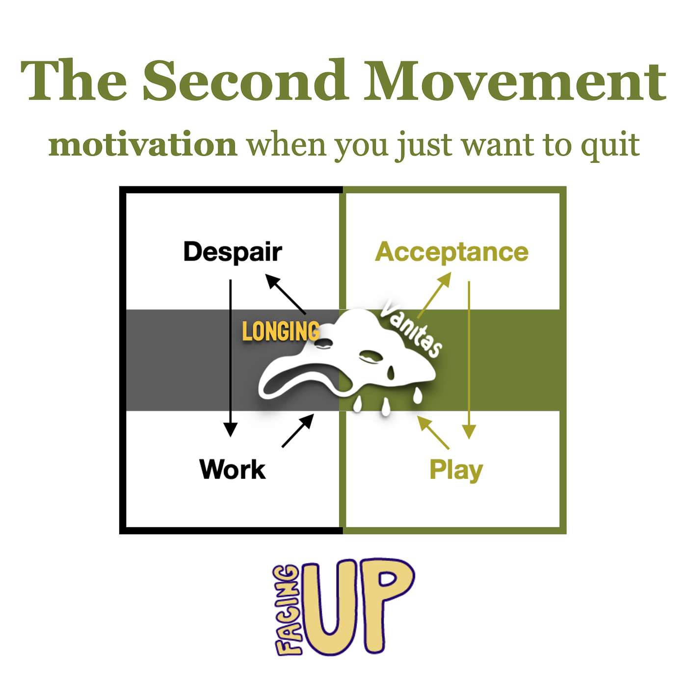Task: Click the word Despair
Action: click(233, 252)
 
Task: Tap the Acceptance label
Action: click(451, 253)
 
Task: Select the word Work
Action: click(233, 469)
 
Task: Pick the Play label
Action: click(456, 471)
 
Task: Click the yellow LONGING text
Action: click(281, 331)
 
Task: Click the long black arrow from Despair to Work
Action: click(230, 358)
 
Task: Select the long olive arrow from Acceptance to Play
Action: click(469, 360)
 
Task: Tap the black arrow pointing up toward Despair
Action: click(286, 294)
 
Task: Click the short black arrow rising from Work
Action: click(298, 430)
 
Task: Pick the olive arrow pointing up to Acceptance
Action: click(434, 295)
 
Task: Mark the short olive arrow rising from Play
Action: click(433, 432)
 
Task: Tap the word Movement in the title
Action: click(515, 80)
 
